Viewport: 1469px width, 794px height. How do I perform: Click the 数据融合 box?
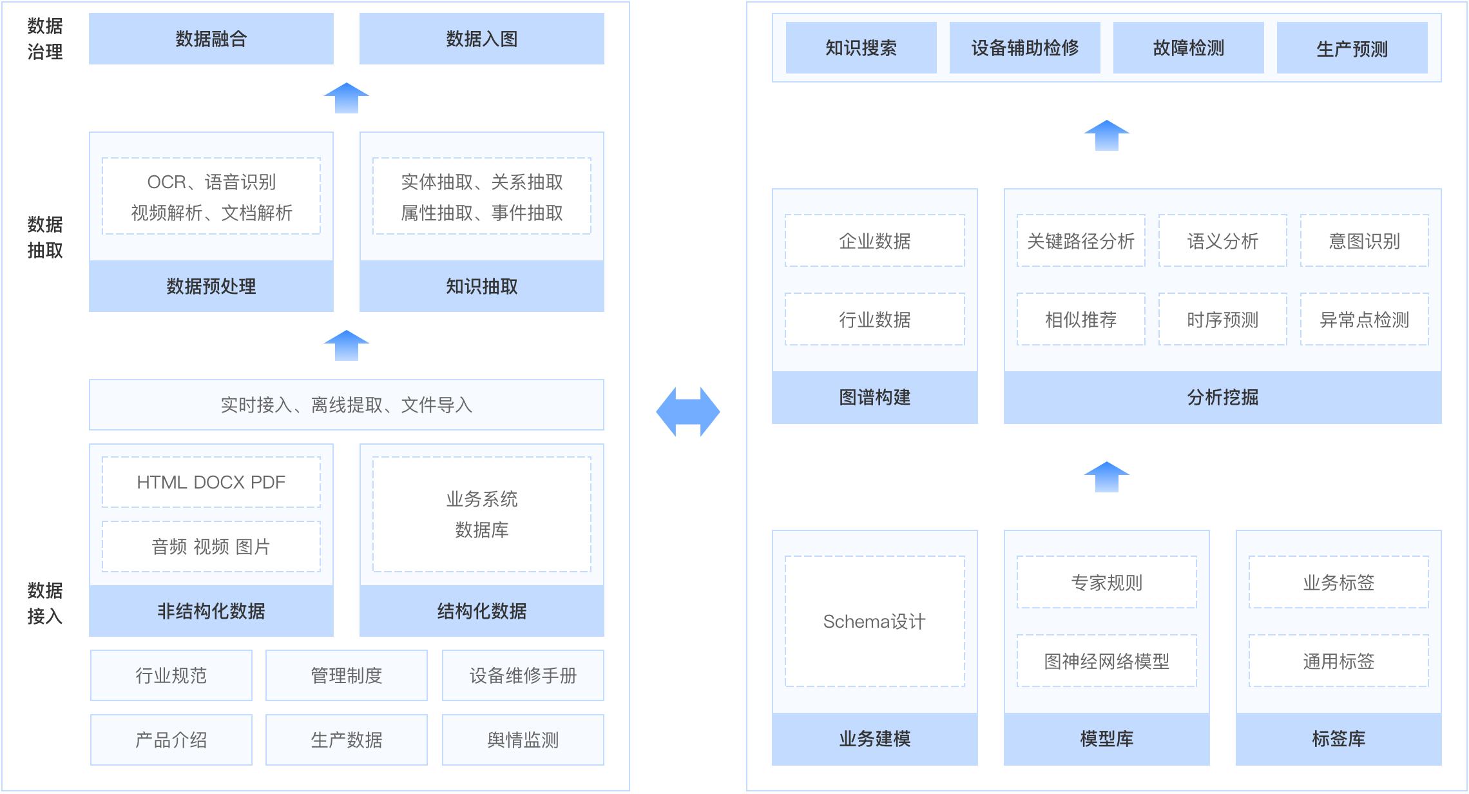pyautogui.click(x=211, y=39)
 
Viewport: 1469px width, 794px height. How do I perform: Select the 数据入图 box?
pyautogui.click(x=482, y=39)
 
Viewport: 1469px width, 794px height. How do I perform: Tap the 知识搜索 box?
pyautogui.click(x=861, y=48)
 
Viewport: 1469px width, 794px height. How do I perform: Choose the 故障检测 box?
pyautogui.click(x=1188, y=48)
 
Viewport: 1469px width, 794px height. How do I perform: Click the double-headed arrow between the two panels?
pyautogui.click(x=688, y=412)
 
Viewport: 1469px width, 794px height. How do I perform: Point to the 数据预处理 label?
pyautogui.click(x=211, y=286)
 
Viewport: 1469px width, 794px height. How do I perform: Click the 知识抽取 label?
pyautogui.click(x=482, y=286)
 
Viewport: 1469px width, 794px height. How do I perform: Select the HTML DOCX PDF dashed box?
pyautogui.click(x=211, y=482)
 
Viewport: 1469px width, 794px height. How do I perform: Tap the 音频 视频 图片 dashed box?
pyautogui.click(x=211, y=547)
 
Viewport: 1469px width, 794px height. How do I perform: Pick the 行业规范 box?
pyautogui.click(x=171, y=675)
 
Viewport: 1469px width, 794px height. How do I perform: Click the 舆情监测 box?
pyautogui.click(x=523, y=740)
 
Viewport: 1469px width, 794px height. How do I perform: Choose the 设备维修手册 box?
pyautogui.click(x=523, y=675)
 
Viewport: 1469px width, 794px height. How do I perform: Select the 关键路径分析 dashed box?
pyautogui.click(x=1081, y=241)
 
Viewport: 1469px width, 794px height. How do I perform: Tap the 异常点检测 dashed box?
pyautogui.click(x=1365, y=320)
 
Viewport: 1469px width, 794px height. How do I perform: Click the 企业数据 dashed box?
pyautogui.click(x=875, y=241)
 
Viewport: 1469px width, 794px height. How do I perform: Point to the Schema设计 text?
pyautogui.click(x=875, y=621)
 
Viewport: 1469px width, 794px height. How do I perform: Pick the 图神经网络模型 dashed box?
pyautogui.click(x=1107, y=661)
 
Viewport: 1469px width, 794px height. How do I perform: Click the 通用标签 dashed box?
pyautogui.click(x=1339, y=661)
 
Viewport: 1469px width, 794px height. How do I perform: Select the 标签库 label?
pyautogui.click(x=1339, y=739)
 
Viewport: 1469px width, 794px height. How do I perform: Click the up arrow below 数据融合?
pyautogui.click(x=347, y=98)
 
